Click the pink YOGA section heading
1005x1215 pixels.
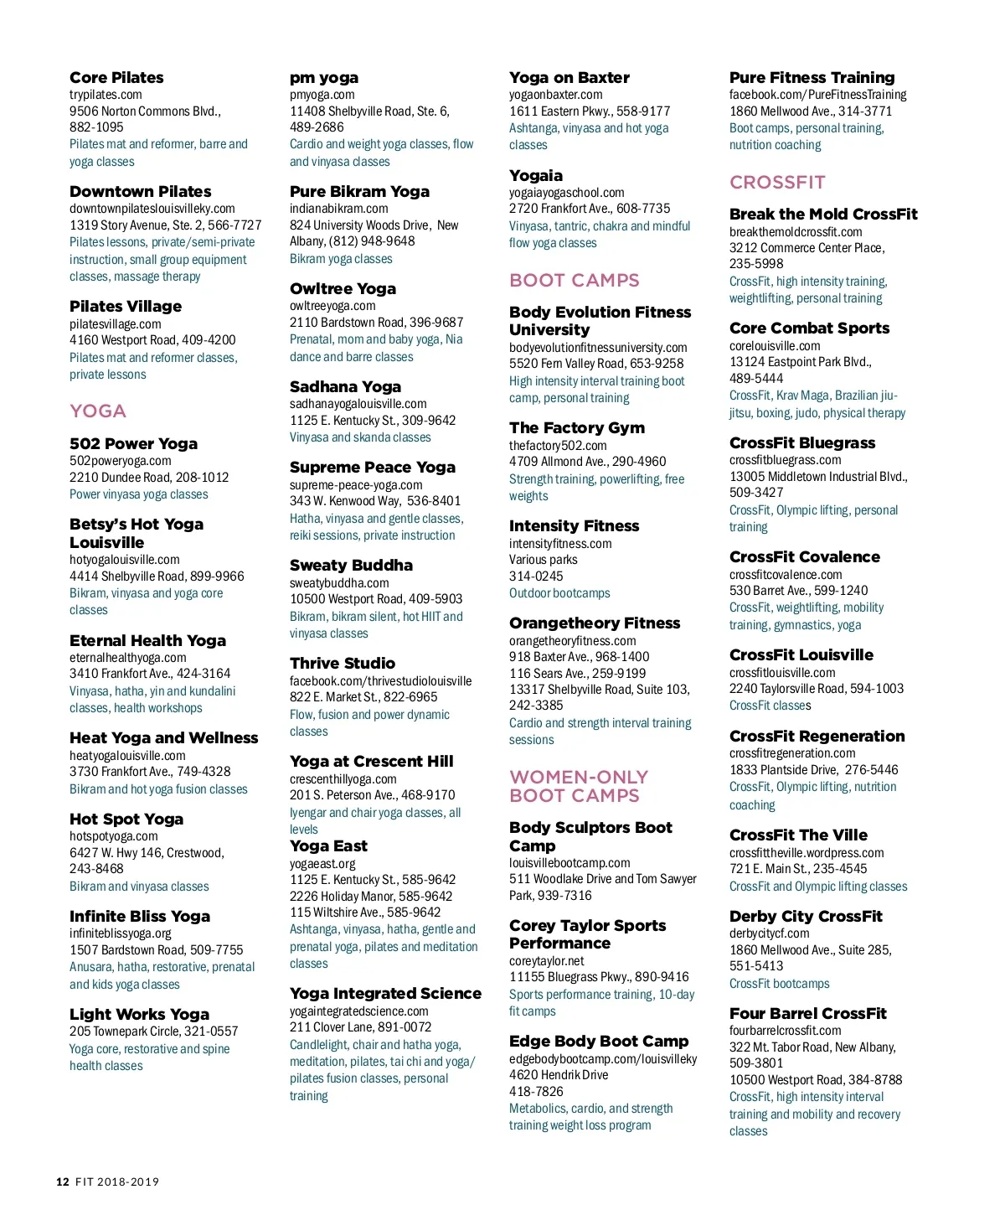coord(98,411)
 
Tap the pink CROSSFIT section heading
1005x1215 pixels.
coord(777,183)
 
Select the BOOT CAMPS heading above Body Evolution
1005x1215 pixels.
coord(574,281)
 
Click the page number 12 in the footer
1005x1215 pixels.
coord(63,1182)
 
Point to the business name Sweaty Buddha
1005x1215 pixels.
coord(351,566)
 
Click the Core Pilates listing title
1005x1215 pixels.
coord(116,78)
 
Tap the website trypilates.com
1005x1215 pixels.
coord(106,95)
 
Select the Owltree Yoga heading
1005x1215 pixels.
coord(343,289)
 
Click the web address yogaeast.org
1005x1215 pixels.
coord(322,863)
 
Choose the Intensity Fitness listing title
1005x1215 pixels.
coord(574,526)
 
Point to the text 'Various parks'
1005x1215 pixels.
coord(544,560)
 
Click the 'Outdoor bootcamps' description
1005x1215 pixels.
coord(559,593)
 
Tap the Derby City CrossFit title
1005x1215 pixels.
coord(806,917)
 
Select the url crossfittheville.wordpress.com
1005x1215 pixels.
coord(807,852)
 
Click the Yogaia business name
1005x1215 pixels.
coord(536,176)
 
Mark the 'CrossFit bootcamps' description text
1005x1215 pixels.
coord(779,984)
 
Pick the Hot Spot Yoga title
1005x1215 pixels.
coord(126,819)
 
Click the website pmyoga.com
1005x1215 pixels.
coord(322,95)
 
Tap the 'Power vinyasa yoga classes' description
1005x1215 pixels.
coord(139,494)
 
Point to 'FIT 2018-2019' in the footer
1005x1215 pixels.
coord(117,1182)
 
